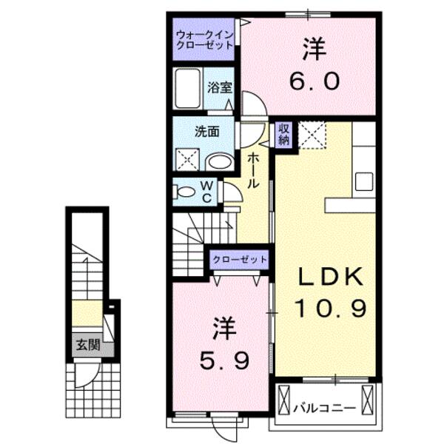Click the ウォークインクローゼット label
(x=204, y=39)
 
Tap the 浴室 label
(x=220, y=87)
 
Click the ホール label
(x=252, y=169)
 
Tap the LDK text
(x=331, y=277)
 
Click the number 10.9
(x=331, y=306)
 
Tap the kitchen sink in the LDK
(x=364, y=181)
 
